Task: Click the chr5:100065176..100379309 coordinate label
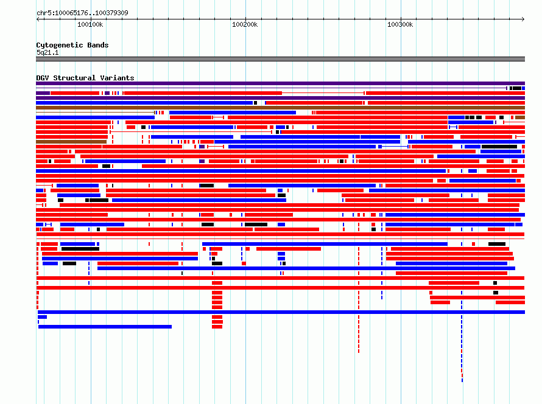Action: pos(82,13)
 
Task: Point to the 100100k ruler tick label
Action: pos(90,24)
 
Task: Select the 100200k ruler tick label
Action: pos(245,24)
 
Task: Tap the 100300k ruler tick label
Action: pos(400,24)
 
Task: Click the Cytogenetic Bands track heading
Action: pos(72,45)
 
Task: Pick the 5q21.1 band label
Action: pos(48,52)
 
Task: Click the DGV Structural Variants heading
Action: pos(85,78)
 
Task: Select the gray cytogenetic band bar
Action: pos(280,59)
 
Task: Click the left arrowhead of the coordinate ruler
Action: pos(38,19)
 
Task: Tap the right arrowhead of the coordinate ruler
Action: pos(523,19)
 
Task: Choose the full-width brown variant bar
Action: pos(280,108)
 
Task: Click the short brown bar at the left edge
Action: pos(71,142)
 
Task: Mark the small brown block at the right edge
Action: pos(520,117)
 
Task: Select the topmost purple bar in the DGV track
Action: pos(280,83)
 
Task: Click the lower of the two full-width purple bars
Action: pos(280,98)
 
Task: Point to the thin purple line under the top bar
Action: pos(272,88)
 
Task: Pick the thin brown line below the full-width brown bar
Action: pos(95,113)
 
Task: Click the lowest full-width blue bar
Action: pos(281,312)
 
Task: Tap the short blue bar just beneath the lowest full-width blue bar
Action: pos(42,317)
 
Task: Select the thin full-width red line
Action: pos(280,239)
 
